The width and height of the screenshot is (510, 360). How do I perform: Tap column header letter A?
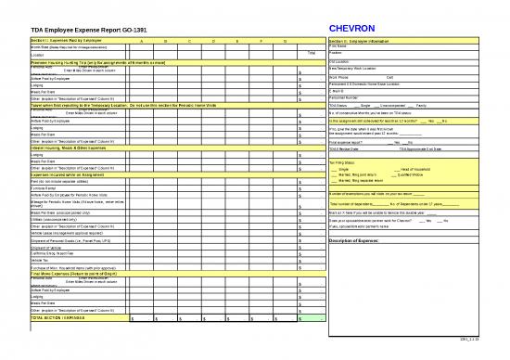pos(141,42)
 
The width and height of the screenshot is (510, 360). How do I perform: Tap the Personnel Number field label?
pos(345,97)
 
